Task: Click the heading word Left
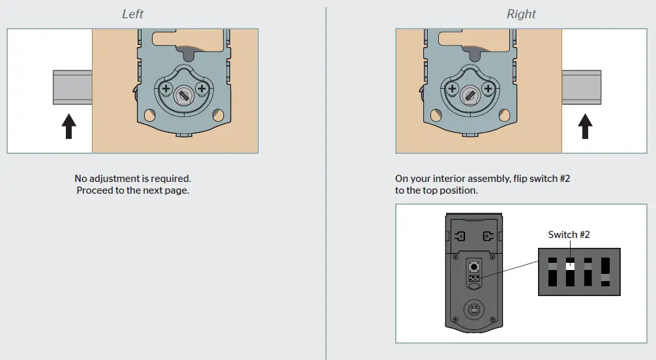132,14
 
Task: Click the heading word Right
521,14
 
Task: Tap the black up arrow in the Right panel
585,126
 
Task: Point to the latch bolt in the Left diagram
72,88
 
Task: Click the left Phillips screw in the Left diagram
165,88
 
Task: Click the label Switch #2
569,235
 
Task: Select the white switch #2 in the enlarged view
569,264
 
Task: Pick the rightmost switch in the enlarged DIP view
605,273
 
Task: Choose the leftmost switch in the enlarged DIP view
552,273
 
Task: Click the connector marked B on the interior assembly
486,236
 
